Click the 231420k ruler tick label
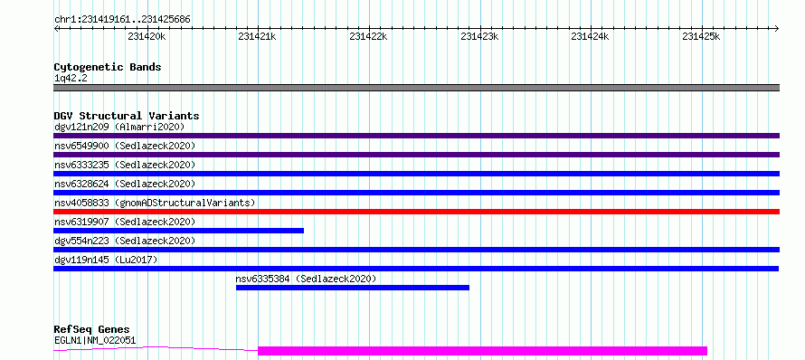click(x=147, y=36)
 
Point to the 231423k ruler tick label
click(x=479, y=36)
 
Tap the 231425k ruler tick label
click(x=701, y=36)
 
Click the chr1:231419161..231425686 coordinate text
click(x=122, y=20)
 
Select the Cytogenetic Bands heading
click(x=108, y=67)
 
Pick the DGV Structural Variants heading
click(x=127, y=116)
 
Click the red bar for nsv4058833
click(x=416, y=212)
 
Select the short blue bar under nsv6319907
click(x=179, y=231)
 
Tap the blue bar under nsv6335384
click(x=353, y=288)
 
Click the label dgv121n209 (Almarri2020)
click(x=119, y=127)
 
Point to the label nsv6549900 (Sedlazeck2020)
click(x=125, y=146)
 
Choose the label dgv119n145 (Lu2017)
click(x=106, y=260)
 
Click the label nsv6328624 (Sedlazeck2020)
click(x=125, y=184)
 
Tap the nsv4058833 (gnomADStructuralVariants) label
click(x=155, y=203)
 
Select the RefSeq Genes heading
click(x=92, y=329)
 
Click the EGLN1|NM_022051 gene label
click(x=96, y=340)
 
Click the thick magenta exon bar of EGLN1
click(x=483, y=351)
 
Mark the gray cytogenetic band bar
click(x=416, y=88)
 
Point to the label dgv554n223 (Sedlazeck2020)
click(x=125, y=241)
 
